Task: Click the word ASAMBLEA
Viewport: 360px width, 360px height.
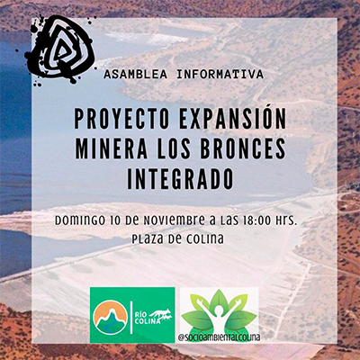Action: pos(135,75)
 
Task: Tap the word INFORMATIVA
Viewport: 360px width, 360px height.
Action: pos(220,75)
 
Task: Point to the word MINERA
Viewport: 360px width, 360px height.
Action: pos(111,148)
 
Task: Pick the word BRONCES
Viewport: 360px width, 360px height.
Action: pos(243,148)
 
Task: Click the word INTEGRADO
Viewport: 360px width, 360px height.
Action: pos(180,179)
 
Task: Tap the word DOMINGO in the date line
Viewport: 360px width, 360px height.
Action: pos(80,221)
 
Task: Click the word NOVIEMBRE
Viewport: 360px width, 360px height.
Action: pos(173,221)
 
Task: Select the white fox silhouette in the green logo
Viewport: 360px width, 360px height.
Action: pos(162,315)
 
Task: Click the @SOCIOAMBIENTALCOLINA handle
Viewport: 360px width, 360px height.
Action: pos(220,337)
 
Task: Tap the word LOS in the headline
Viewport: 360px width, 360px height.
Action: pos(173,148)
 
